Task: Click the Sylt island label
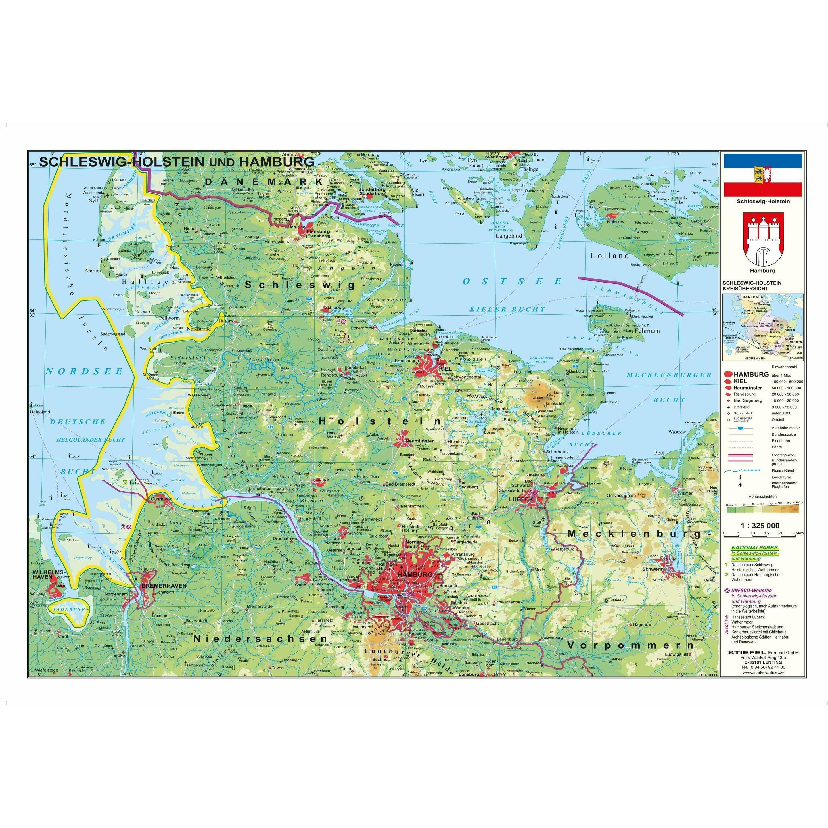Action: click(93, 200)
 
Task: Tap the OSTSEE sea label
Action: click(512, 281)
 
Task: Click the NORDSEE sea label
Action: click(85, 371)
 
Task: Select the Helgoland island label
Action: click(40, 412)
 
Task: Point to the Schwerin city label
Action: click(653, 569)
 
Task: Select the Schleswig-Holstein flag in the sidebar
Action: click(763, 175)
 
